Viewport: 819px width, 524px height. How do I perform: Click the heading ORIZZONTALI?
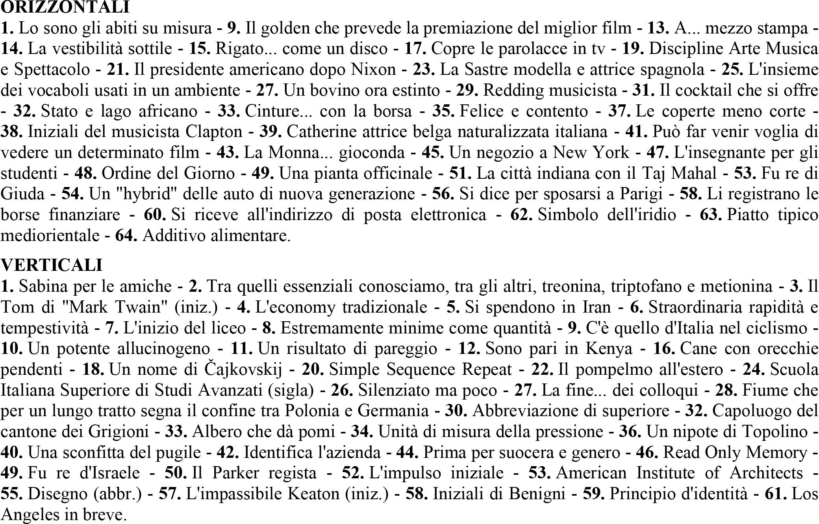click(x=65, y=7)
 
